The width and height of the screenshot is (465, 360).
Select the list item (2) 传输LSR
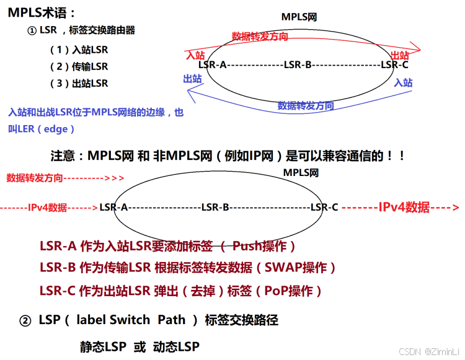pyautogui.click(x=79, y=66)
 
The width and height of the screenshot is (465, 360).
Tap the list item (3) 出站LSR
pyautogui.click(x=79, y=83)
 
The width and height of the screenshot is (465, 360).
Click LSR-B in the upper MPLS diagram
pyautogui.click(x=297, y=64)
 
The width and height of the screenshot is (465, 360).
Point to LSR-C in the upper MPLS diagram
pyautogui.click(x=394, y=64)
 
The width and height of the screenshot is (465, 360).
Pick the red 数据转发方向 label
pyautogui.click(x=260, y=37)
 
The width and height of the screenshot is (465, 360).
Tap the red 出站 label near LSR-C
pyautogui.click(x=400, y=55)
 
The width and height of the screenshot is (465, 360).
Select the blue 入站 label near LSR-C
pyautogui.click(x=403, y=82)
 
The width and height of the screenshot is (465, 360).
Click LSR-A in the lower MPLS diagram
pyautogui.click(x=113, y=207)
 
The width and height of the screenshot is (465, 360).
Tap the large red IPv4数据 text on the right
pyautogui.click(x=404, y=208)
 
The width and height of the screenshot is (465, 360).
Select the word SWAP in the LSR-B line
pyautogui.click(x=285, y=268)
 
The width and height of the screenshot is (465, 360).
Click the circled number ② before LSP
pyautogui.click(x=25, y=320)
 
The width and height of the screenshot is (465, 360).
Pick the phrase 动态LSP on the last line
pyautogui.click(x=176, y=346)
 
